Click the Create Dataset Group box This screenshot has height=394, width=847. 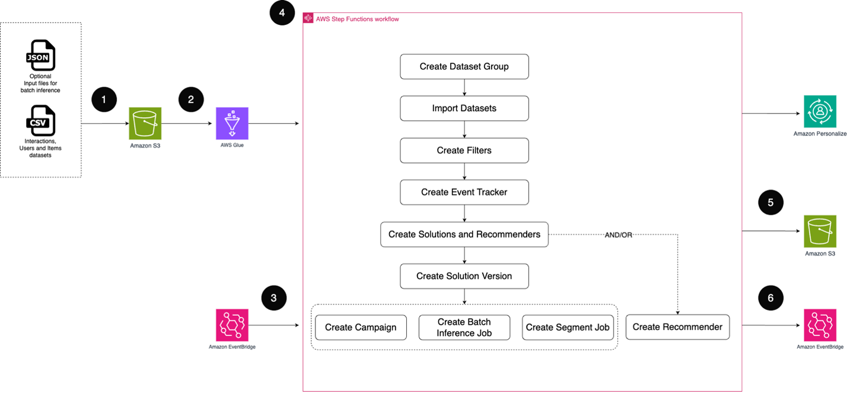click(x=464, y=67)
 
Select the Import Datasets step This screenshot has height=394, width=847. click(x=464, y=108)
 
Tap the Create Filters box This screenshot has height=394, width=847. click(x=464, y=150)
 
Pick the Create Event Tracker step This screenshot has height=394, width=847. click(x=464, y=192)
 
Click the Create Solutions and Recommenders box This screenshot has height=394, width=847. click(x=464, y=234)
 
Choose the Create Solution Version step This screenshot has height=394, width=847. click(x=464, y=276)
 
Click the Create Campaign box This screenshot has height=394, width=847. click(x=361, y=328)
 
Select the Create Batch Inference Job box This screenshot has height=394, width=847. click(x=464, y=328)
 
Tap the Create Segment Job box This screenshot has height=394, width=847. click(x=567, y=328)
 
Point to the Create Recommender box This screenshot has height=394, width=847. click(x=678, y=327)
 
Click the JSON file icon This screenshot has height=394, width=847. click(x=40, y=56)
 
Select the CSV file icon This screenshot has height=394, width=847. click(x=40, y=121)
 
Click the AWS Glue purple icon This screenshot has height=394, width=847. click(x=232, y=123)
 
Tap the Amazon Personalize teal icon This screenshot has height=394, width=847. click(x=820, y=111)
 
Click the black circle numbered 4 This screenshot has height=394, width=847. click(x=282, y=13)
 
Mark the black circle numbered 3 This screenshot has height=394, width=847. click(x=274, y=298)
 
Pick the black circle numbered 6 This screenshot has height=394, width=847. click(x=771, y=298)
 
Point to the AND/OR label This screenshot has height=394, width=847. click(x=618, y=235)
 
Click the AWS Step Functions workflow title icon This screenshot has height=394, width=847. click(x=308, y=19)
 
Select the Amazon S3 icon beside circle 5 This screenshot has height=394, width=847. click(x=820, y=231)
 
